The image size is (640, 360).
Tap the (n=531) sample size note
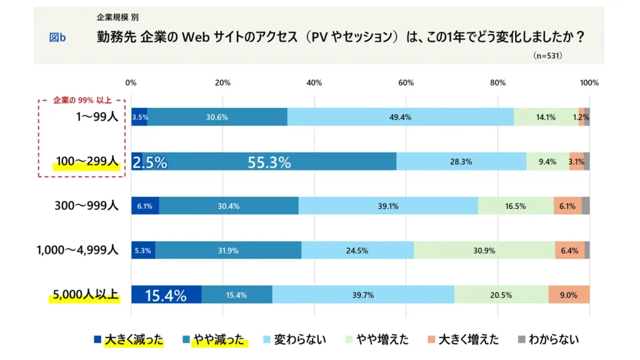pyautogui.click(x=547, y=56)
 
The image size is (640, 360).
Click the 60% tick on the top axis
pyautogui.click(x=406, y=82)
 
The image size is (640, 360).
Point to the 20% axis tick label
pyautogui.click(x=222, y=82)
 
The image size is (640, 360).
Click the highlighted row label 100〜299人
pyautogui.click(x=87, y=162)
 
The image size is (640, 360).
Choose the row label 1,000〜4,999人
pyautogui.click(x=77, y=250)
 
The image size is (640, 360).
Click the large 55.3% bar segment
pyautogui.click(x=269, y=162)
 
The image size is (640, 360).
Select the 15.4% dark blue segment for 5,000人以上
pyautogui.click(x=166, y=295)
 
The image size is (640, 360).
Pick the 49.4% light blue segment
pyautogui.click(x=400, y=117)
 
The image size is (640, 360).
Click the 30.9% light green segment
pyautogui.click(x=484, y=250)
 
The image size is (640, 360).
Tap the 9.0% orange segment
pyautogui.click(x=569, y=295)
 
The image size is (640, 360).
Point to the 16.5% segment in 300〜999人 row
pyautogui.click(x=515, y=206)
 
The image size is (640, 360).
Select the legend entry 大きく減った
pyautogui.click(x=132, y=340)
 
